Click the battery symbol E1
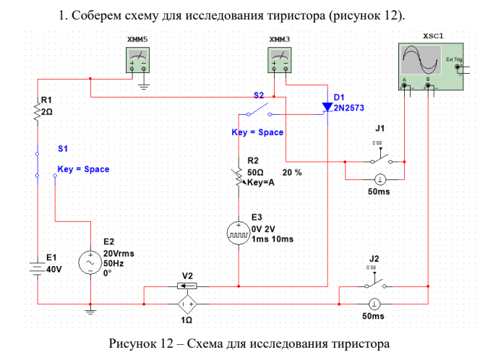click(37, 267)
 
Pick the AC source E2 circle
click(90, 261)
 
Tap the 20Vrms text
click(119, 254)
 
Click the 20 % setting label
click(292, 173)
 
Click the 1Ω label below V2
click(187, 319)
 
